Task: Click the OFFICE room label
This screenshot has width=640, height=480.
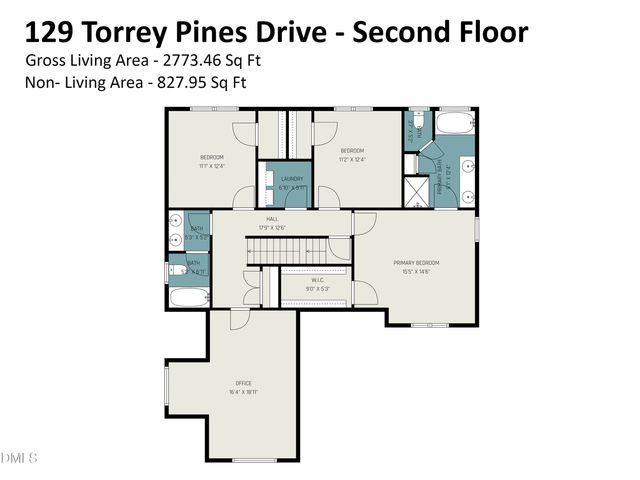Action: click(x=243, y=383)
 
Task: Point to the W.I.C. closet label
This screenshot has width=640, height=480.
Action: click(x=316, y=280)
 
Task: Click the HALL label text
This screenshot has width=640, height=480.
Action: click(x=272, y=219)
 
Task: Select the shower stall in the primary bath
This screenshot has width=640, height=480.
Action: click(x=415, y=192)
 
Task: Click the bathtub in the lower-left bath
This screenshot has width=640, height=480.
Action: click(x=188, y=296)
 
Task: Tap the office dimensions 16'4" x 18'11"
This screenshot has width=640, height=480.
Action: click(x=243, y=391)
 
